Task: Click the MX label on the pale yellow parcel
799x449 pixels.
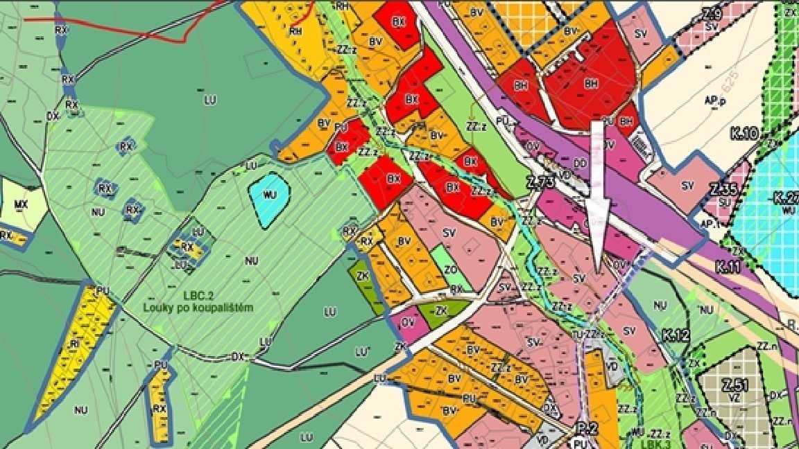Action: [19, 204]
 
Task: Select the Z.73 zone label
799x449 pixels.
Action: [541, 183]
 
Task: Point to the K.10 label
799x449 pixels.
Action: [744, 132]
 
